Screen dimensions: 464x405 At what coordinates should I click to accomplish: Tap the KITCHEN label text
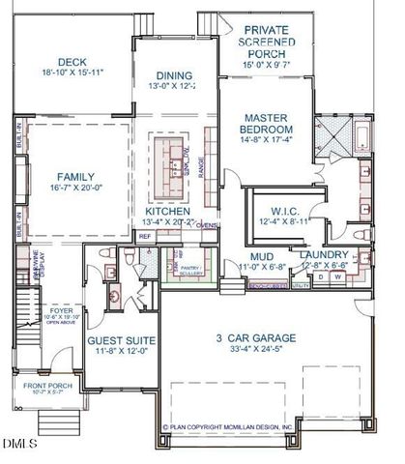click(168, 210)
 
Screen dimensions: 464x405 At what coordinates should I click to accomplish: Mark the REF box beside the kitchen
click(145, 235)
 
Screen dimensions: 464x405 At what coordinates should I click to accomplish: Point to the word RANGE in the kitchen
click(200, 168)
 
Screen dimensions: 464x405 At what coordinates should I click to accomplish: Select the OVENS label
click(207, 224)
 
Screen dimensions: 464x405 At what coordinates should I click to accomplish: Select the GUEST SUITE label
click(117, 341)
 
